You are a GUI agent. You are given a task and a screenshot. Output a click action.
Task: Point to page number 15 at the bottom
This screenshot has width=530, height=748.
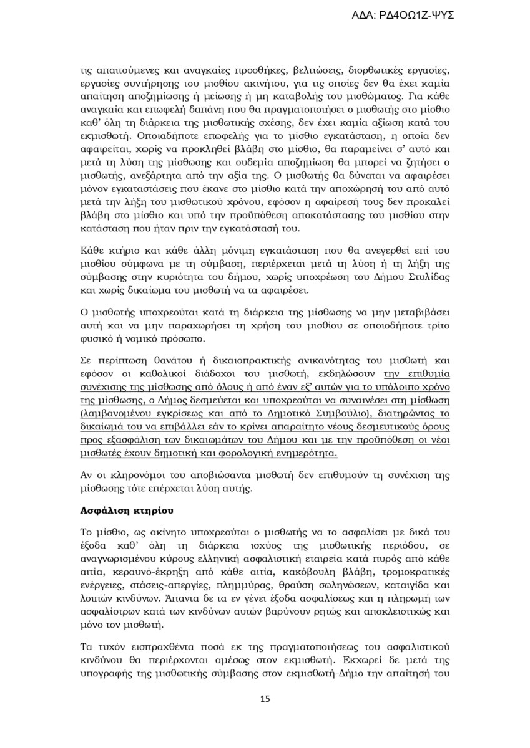point(265,699)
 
